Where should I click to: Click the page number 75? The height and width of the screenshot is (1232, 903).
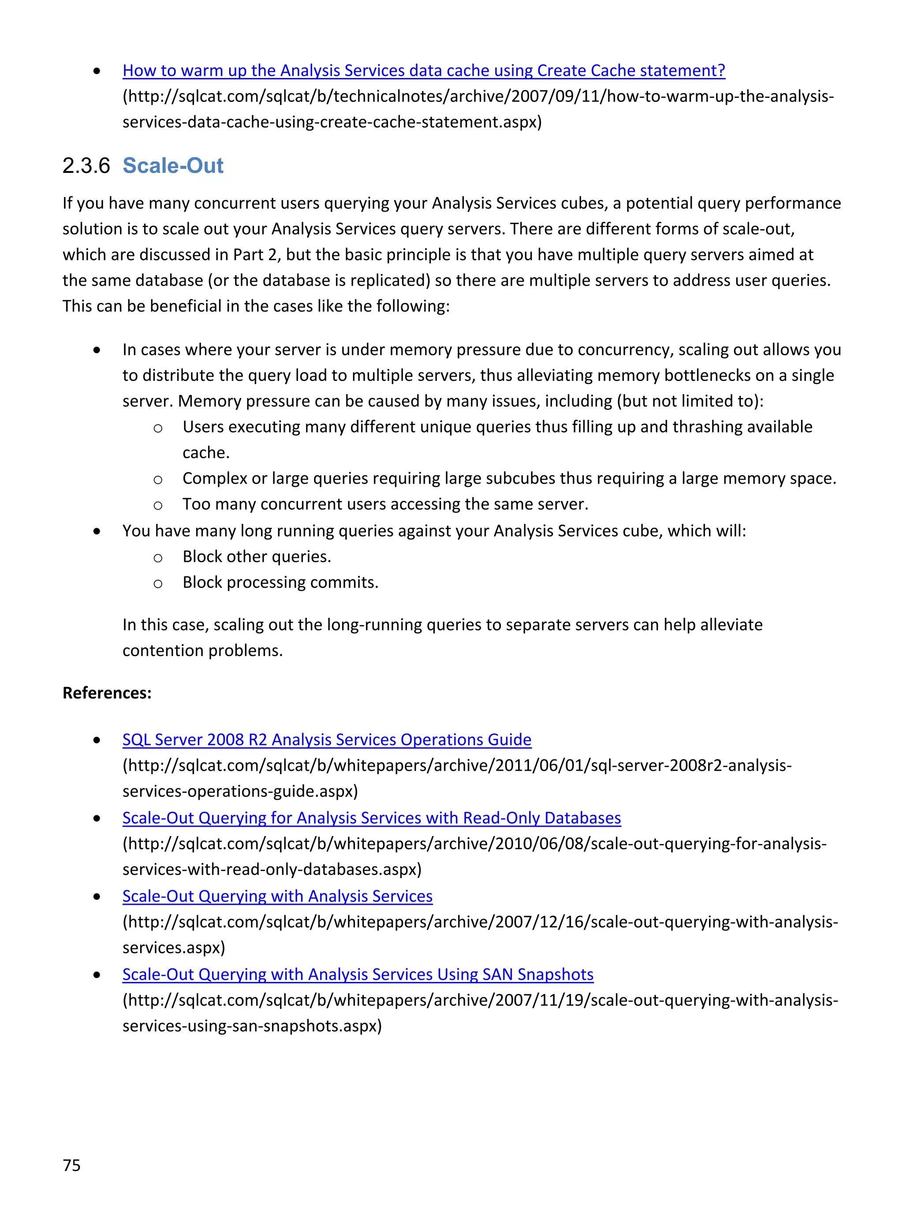pyautogui.click(x=71, y=1165)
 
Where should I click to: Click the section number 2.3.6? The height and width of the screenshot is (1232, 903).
pyautogui.click(x=86, y=166)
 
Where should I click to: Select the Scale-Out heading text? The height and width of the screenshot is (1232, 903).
pyautogui.click(x=173, y=166)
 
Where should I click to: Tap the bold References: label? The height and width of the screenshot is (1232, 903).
pyautogui.click(x=107, y=693)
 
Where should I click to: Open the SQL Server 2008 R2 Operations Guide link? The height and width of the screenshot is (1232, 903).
pyautogui.click(x=326, y=739)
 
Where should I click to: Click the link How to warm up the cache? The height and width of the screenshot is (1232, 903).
pyautogui.click(x=424, y=71)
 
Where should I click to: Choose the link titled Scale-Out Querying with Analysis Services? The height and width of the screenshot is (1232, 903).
pyautogui.click(x=277, y=896)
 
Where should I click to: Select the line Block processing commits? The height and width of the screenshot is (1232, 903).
pyautogui.click(x=280, y=582)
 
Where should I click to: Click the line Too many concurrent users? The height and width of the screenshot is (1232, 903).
pyautogui.click(x=385, y=504)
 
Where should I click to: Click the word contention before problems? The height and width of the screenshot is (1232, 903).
pyautogui.click(x=163, y=650)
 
